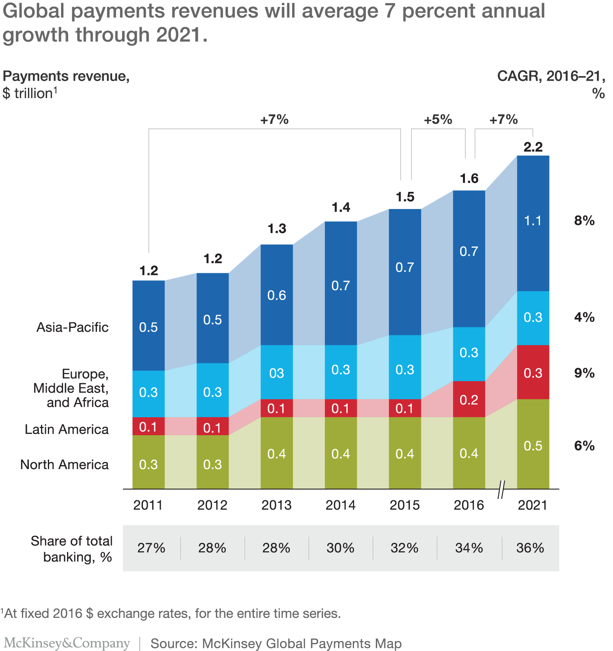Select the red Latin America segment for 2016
tap(469, 399)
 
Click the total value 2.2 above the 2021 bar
tap(533, 147)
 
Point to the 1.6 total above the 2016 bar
tap(469, 178)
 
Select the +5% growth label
tap(438, 120)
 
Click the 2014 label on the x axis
tap(340, 505)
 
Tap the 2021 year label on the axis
tap(532, 505)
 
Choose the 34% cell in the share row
tap(469, 548)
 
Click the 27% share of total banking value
tap(151, 548)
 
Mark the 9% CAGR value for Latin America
tap(584, 373)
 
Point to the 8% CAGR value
tap(584, 221)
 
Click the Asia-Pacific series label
tap(73, 327)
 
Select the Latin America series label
tap(67, 429)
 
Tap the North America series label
tap(64, 465)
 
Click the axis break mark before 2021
tap(501, 490)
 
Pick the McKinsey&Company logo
tap(67, 643)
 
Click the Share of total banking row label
tap(72, 549)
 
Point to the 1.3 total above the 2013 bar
tap(277, 229)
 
